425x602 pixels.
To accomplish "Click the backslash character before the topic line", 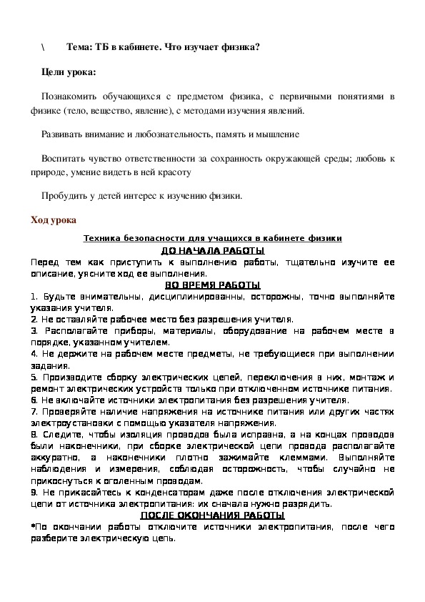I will click(x=43, y=46).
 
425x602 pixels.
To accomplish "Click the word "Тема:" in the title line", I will click(x=80, y=46).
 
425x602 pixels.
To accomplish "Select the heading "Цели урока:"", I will click(x=68, y=72).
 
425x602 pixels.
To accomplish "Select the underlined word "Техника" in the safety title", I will click(x=102, y=239).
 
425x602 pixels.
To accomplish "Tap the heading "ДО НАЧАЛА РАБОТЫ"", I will click(x=212, y=251).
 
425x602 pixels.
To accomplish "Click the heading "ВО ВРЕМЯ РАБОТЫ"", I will click(x=212, y=285).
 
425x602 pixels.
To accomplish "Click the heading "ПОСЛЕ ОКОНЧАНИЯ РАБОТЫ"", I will click(x=212, y=515).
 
